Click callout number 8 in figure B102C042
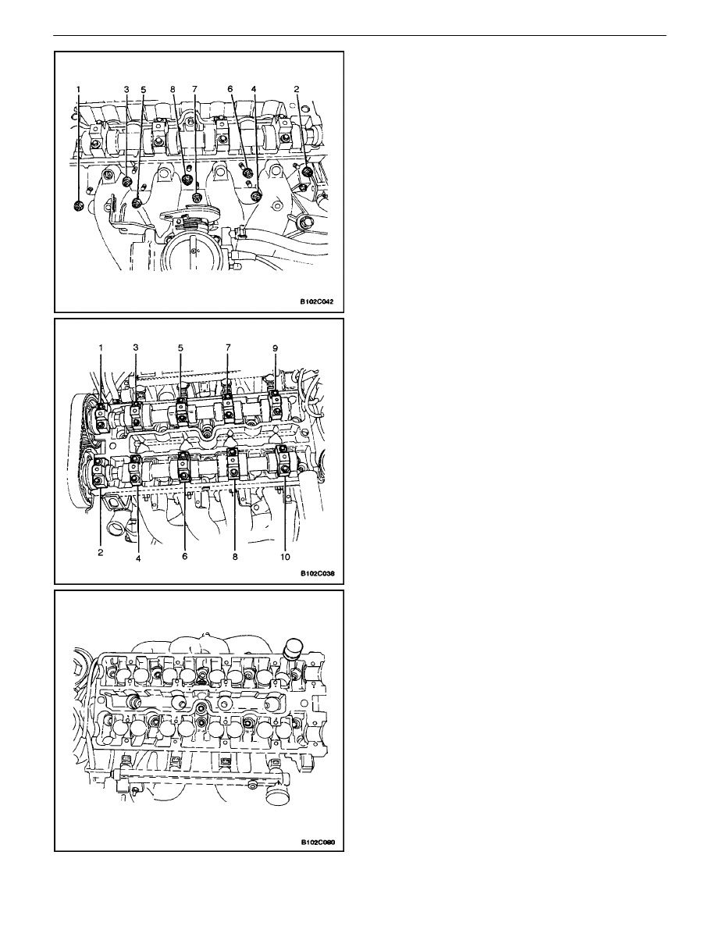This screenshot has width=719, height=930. pyautogui.click(x=173, y=89)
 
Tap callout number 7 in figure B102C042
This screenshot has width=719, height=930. pyautogui.click(x=194, y=89)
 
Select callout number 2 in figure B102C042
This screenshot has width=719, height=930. pyautogui.click(x=297, y=89)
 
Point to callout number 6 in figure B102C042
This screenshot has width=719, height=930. pyautogui.click(x=230, y=89)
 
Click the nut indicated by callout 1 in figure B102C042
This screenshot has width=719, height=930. pyautogui.click(x=77, y=206)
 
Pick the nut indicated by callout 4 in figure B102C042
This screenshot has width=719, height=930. pyautogui.click(x=255, y=197)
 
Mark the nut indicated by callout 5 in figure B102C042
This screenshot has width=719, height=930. pyautogui.click(x=137, y=203)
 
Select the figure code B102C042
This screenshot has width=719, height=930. pyautogui.click(x=316, y=302)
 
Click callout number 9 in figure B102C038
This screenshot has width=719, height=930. pyautogui.click(x=275, y=349)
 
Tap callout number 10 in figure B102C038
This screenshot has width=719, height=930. pyautogui.click(x=285, y=557)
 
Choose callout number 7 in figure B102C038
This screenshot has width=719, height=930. pyautogui.click(x=227, y=349)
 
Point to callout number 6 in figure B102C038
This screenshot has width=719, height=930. pyautogui.click(x=184, y=557)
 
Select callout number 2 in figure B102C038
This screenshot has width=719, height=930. pyautogui.click(x=101, y=553)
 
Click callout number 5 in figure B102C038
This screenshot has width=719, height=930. pyautogui.click(x=181, y=349)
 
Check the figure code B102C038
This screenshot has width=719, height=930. pyautogui.click(x=317, y=574)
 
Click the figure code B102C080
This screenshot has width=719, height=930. pyautogui.click(x=317, y=842)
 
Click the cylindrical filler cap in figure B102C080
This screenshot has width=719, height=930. pyautogui.click(x=292, y=648)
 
